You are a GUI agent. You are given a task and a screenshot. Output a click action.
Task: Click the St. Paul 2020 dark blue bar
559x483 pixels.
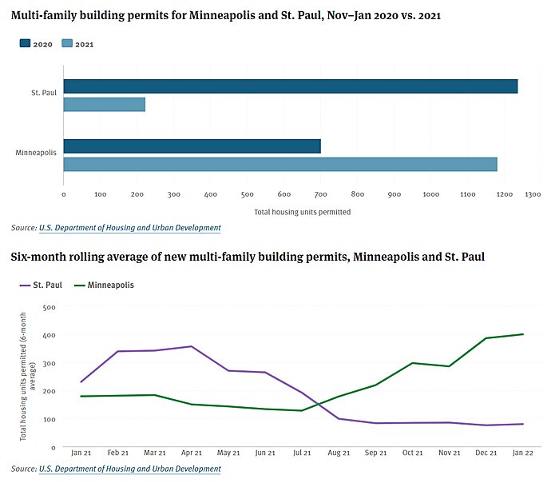point(290,86)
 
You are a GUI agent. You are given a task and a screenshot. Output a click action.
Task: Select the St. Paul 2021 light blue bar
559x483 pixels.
point(105,105)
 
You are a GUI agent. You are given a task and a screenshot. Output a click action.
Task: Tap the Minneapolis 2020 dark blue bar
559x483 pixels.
point(192,146)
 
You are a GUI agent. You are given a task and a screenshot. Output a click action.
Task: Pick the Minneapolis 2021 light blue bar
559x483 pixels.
point(279,164)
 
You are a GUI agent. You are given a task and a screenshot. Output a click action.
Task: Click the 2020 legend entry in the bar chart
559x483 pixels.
point(37,44)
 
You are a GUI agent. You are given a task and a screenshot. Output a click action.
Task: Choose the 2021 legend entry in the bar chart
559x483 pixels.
point(78,44)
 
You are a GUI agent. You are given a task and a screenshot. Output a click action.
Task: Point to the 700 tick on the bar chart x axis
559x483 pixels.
point(320,194)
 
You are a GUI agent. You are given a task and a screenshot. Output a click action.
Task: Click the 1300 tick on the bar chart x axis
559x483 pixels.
point(532,194)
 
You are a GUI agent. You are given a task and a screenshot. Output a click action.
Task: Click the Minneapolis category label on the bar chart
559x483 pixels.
point(35,152)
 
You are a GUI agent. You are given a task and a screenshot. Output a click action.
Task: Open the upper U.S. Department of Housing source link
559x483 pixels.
point(129,228)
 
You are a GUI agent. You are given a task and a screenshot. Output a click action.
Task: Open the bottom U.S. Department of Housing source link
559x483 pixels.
point(129,469)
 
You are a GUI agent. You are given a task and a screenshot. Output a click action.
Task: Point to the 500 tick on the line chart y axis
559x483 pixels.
point(50,306)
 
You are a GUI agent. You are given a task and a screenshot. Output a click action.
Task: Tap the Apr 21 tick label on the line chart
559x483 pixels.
point(191,453)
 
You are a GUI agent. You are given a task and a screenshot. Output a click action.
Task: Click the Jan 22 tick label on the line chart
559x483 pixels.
point(522,453)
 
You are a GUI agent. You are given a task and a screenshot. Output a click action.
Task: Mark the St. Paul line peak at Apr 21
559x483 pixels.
point(191,346)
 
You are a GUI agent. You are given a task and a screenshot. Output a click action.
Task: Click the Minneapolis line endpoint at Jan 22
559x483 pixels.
point(522,334)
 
